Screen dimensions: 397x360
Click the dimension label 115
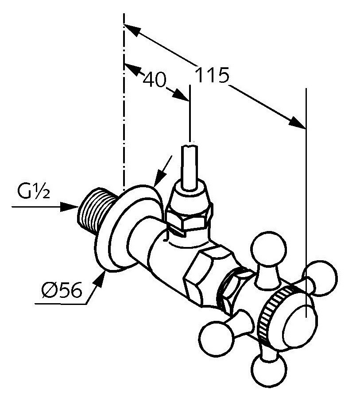pyautogui.click(x=212, y=77)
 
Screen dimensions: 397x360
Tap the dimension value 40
pyautogui.click(x=155, y=80)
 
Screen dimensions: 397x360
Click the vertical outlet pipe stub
pyautogui.click(x=191, y=166)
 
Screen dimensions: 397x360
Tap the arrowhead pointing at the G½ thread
pyautogui.click(x=70, y=206)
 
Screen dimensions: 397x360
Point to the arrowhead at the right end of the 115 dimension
pyautogui.click(x=299, y=123)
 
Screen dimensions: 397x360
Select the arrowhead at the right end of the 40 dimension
pyautogui.click(x=181, y=94)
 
